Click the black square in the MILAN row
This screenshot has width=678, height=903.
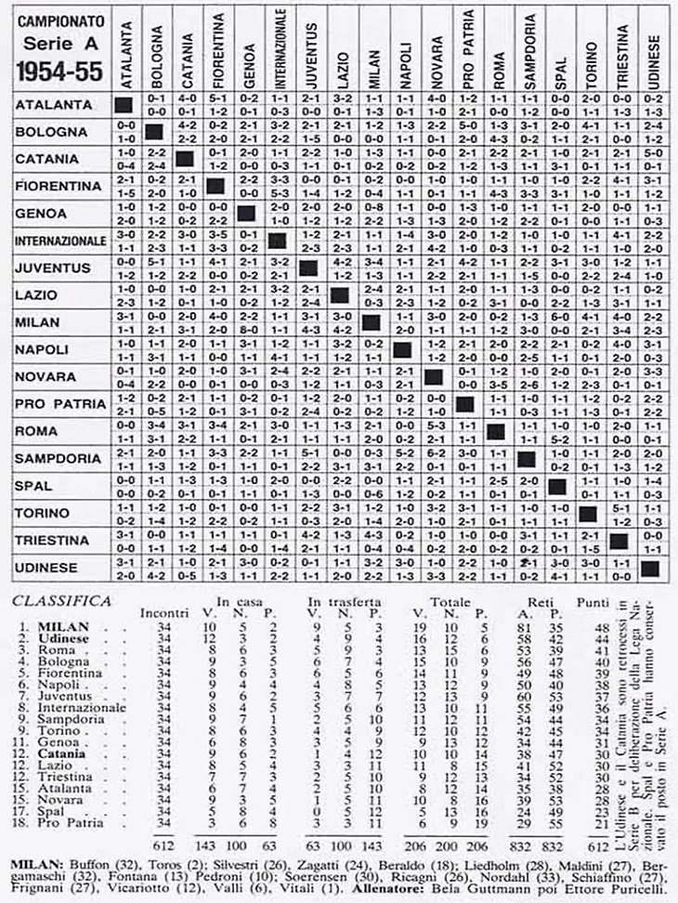[372, 322]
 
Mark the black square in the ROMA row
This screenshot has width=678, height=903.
[495, 432]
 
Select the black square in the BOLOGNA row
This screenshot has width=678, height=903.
[154, 132]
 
